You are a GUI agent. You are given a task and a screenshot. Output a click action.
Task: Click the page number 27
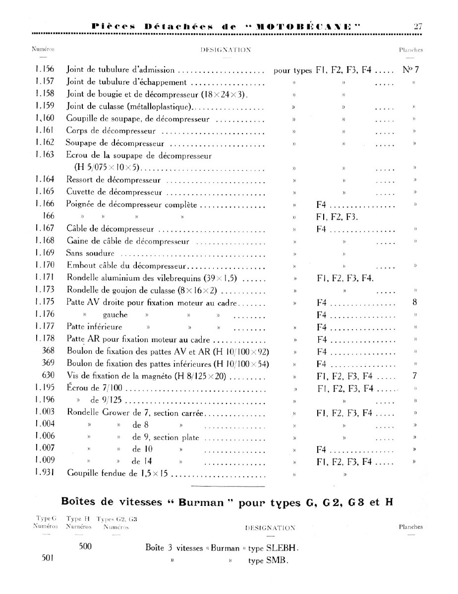(x=417, y=26)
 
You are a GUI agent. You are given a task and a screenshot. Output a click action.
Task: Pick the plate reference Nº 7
(x=411, y=70)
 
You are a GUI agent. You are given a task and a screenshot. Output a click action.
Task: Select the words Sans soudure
(x=90, y=253)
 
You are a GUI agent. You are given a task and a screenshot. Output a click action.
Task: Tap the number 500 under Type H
(x=85, y=547)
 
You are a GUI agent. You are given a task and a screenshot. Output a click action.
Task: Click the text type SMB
(x=268, y=561)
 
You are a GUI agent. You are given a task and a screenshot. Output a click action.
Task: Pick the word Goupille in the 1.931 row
(x=82, y=473)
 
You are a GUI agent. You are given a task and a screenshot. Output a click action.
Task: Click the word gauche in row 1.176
(x=115, y=315)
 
